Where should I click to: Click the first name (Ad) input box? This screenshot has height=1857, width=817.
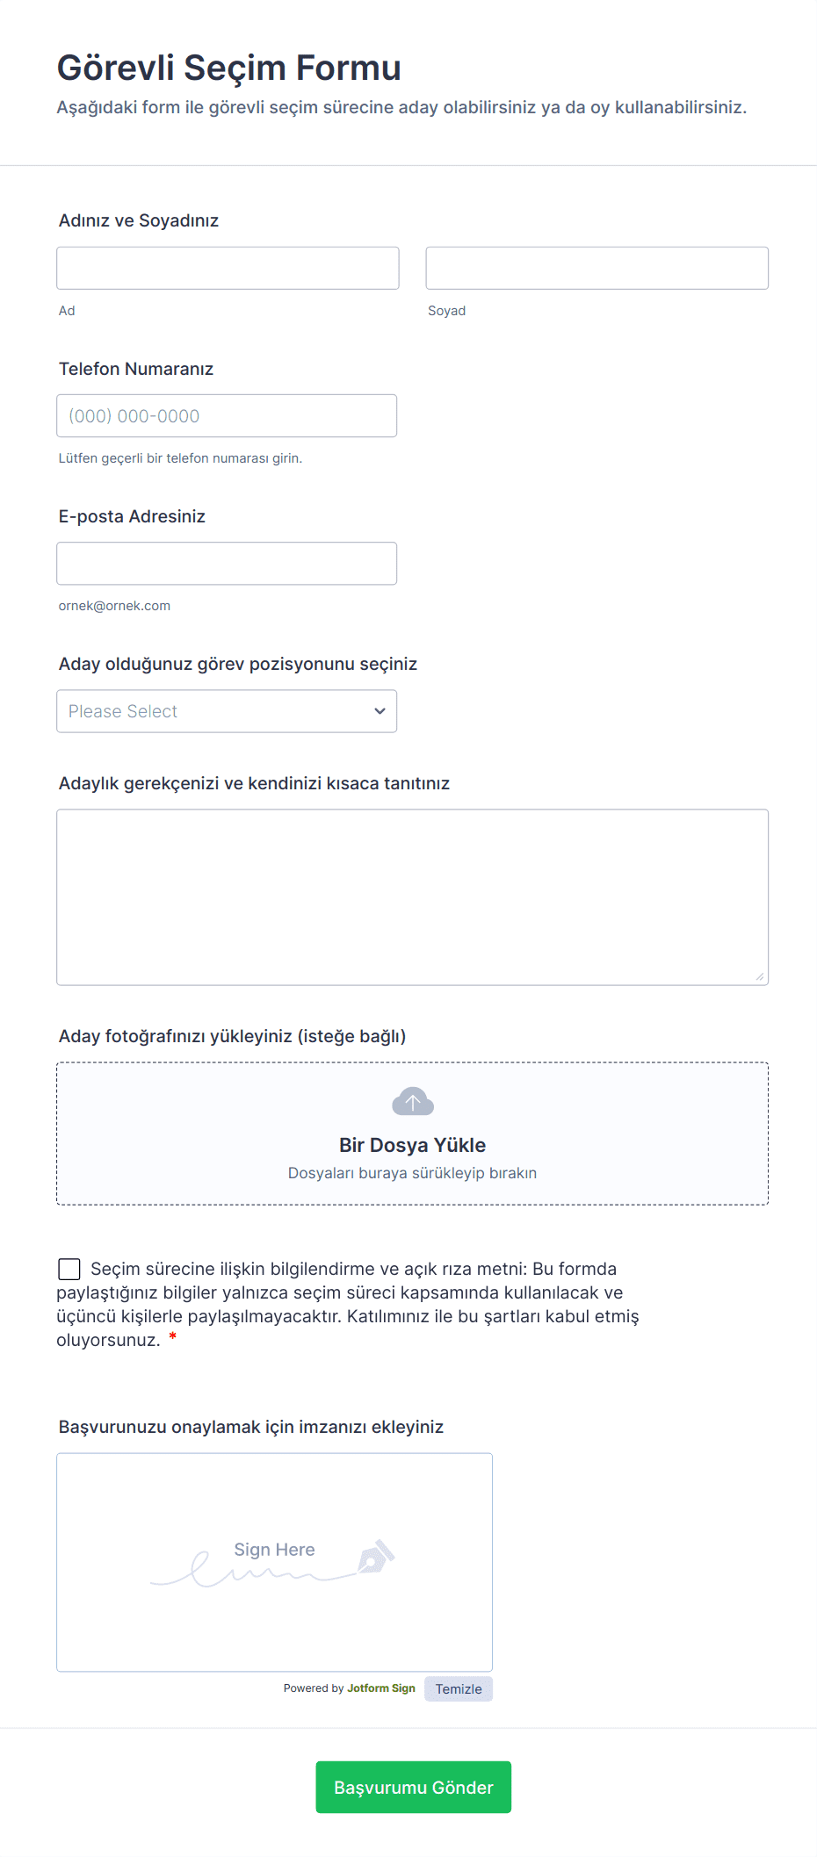228,268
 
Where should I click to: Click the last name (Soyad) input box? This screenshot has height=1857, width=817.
596,268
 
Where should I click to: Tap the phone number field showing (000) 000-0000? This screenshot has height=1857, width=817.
227,416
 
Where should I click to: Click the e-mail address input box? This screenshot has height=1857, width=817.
227,564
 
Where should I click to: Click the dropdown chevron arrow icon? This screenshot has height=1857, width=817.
380,711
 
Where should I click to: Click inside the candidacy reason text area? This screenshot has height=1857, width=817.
412,896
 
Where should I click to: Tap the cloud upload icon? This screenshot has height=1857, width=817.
413,1101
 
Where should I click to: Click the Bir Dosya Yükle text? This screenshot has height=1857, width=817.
412,1145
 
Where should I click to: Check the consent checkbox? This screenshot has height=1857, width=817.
69,1269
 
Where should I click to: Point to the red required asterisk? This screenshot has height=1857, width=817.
173,1337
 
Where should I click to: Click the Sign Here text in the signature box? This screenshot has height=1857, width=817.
274,1550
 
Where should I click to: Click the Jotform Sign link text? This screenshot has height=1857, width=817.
381,1688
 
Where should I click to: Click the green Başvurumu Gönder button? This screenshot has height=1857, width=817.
413,1788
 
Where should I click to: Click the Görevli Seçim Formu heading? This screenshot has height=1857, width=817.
228,68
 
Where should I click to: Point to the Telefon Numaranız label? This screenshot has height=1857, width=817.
136,369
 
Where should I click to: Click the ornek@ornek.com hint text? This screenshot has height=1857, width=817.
114,606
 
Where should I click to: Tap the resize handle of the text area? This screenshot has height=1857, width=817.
760,976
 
